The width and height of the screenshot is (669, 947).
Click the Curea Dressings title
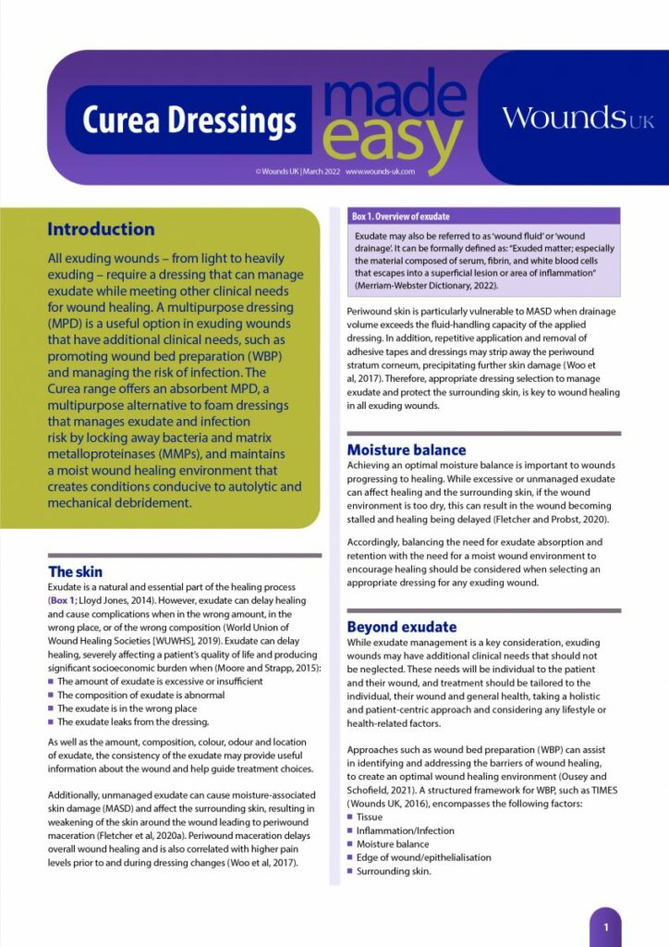pyautogui.click(x=189, y=120)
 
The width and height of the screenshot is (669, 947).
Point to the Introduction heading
pyautogui.click(x=101, y=229)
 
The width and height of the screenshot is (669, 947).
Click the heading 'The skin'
pyautogui.click(x=76, y=572)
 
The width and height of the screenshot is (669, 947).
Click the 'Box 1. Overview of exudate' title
pyautogui.click(x=400, y=216)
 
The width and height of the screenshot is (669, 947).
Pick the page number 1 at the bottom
pyautogui.click(x=605, y=926)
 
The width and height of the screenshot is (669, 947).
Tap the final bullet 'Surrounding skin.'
pyautogui.click(x=394, y=870)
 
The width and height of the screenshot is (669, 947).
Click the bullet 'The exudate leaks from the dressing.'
pyautogui.click(x=133, y=721)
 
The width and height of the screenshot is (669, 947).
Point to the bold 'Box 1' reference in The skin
pyautogui.click(x=66, y=600)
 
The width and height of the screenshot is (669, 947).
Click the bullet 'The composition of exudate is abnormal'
pyautogui.click(x=140, y=695)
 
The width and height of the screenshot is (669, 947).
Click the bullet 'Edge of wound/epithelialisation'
pyautogui.click(x=423, y=857)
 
